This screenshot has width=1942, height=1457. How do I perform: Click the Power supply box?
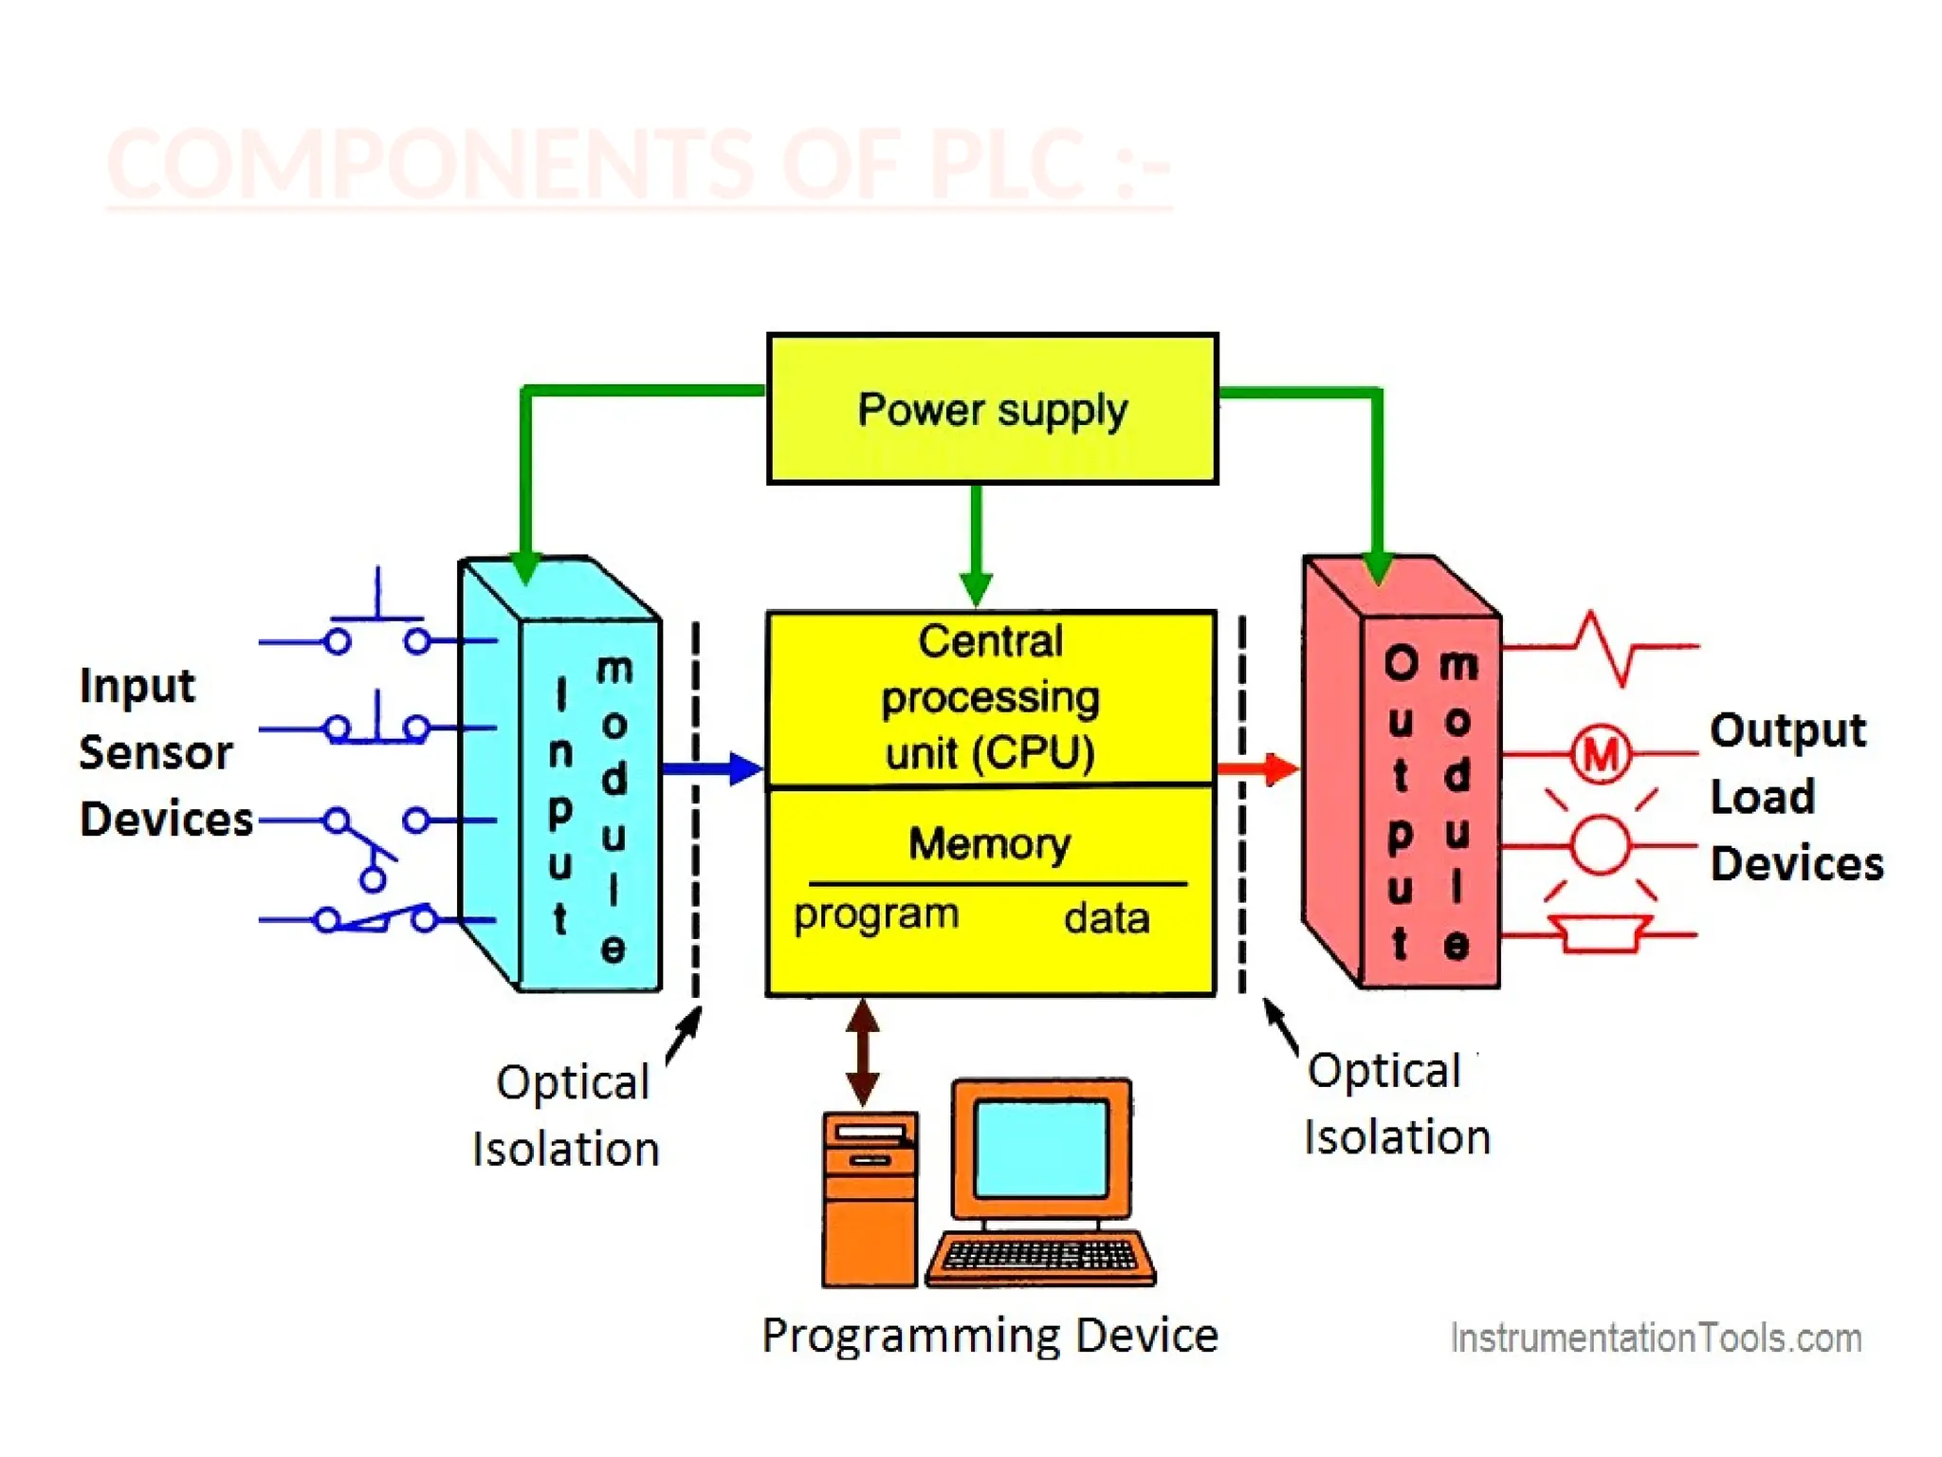coord(992,409)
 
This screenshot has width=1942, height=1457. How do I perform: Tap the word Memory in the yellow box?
coord(989,842)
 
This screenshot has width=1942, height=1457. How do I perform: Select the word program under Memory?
coord(876,915)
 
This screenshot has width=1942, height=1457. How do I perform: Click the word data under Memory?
coord(1106,918)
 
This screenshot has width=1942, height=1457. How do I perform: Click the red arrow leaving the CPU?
coord(1257,768)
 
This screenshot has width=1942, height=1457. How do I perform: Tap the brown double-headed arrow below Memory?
coord(862,1052)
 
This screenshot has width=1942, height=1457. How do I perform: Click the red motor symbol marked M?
coord(1601,755)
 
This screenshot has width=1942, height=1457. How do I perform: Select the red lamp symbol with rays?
coord(1601,844)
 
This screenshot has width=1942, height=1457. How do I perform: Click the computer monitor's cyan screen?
coord(1041,1149)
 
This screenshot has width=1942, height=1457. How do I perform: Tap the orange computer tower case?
coord(870,1200)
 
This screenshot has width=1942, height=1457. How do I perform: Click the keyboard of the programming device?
coord(1041,1257)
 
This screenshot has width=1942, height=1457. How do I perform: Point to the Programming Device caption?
coord(989,1336)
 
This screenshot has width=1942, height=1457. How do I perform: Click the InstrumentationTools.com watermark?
coord(1656,1338)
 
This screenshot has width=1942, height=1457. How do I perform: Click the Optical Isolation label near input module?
coord(567,1116)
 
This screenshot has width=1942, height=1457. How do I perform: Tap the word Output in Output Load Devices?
coord(1787,730)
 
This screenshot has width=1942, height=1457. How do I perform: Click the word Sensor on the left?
coord(156,753)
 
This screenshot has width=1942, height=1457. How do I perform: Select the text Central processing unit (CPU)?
coord(990,697)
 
